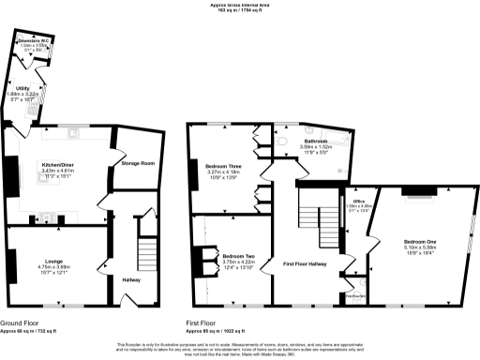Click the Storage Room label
[137, 164]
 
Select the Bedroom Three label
[223, 167]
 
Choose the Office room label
[358, 200]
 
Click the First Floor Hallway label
[307, 266]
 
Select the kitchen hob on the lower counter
[46, 217]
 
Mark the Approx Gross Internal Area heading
[240, 5]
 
